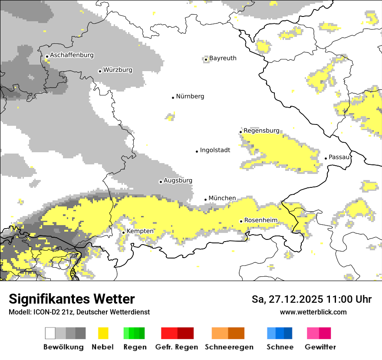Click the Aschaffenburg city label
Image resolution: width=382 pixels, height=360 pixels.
(x=72, y=55)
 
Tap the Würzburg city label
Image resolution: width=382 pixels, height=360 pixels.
(x=118, y=70)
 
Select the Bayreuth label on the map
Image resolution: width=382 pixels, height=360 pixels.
(x=223, y=58)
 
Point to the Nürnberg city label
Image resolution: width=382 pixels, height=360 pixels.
(x=190, y=96)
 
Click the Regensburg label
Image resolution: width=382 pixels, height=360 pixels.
(x=261, y=131)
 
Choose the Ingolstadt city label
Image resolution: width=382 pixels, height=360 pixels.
(x=215, y=150)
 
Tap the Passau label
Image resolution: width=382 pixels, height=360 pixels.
(x=339, y=157)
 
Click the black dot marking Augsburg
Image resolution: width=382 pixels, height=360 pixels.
(x=161, y=182)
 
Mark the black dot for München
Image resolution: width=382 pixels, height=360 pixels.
(x=206, y=200)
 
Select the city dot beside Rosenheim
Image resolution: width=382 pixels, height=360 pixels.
(x=241, y=221)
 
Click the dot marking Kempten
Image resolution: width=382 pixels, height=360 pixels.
(x=124, y=232)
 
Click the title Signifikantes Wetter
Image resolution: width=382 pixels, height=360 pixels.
(x=72, y=299)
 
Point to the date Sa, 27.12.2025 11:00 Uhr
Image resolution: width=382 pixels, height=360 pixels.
(x=312, y=299)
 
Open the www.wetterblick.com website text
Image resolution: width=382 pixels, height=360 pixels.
(x=313, y=312)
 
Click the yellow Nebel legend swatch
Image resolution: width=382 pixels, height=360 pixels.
(x=103, y=333)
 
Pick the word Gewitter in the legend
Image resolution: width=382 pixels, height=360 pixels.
(x=320, y=347)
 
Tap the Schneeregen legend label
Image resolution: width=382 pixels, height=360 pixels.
(x=229, y=347)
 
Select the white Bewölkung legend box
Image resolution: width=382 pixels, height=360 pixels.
(x=50, y=333)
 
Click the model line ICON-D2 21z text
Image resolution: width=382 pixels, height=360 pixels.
(x=79, y=312)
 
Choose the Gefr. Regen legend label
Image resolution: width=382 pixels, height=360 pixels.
(x=177, y=347)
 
